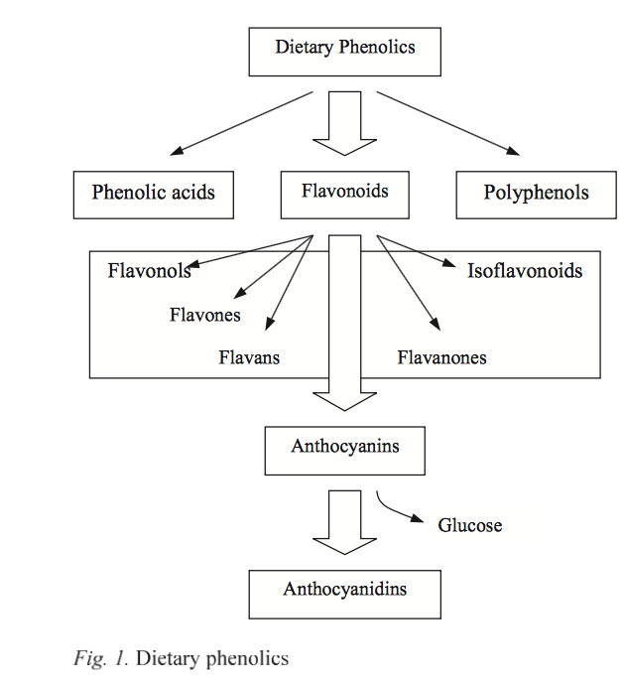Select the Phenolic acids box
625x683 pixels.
pos(153,194)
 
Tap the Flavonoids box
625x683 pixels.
pos(344,193)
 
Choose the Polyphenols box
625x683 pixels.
pos(536,194)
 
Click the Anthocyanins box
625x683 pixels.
pos(344,450)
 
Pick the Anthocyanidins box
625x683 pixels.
pos(344,593)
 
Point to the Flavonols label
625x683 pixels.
pos(149,271)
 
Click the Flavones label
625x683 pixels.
pos(204,316)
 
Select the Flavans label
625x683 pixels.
pos(249,358)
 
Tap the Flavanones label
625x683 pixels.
pos(441,358)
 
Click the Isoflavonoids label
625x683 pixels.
pos(525,271)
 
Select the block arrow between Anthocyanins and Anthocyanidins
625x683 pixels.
pos(344,521)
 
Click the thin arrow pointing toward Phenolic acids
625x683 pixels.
pos(242,123)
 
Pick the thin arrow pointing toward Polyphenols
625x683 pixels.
pos(447,123)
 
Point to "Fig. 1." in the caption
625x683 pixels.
pos(101,658)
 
